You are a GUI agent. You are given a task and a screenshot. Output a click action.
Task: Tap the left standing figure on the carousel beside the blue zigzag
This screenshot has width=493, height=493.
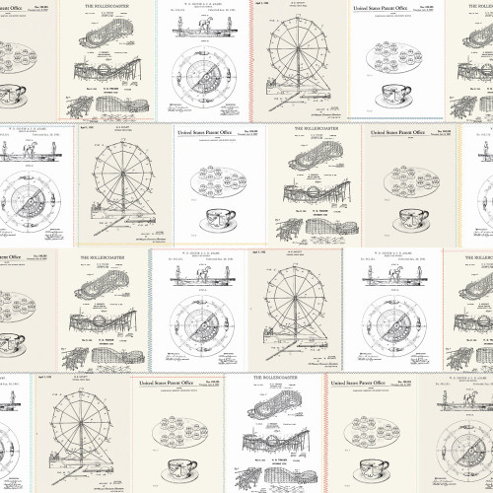coord(177,272)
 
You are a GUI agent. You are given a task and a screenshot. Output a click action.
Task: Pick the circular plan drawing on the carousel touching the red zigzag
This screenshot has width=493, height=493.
coord(204,74)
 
